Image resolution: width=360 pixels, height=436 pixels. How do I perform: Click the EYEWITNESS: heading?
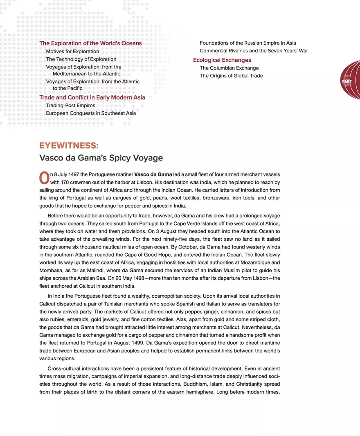69,146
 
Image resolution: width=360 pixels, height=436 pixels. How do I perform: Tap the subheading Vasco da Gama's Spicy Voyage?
101,158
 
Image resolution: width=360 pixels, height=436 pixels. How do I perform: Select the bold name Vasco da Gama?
153,174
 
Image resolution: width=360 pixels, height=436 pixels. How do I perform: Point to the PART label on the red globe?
347,81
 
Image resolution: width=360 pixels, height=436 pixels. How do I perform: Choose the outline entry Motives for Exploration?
72,52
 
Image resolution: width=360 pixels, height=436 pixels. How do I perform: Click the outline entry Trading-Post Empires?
70,106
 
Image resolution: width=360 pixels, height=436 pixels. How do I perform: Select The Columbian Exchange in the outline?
229,68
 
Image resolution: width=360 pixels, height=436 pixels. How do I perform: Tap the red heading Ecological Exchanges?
222,60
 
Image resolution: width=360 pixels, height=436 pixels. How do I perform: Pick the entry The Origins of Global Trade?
231,76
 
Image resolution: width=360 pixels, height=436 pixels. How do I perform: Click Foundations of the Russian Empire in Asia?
248,43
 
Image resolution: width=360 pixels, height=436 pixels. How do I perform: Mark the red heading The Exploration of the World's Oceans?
90,43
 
